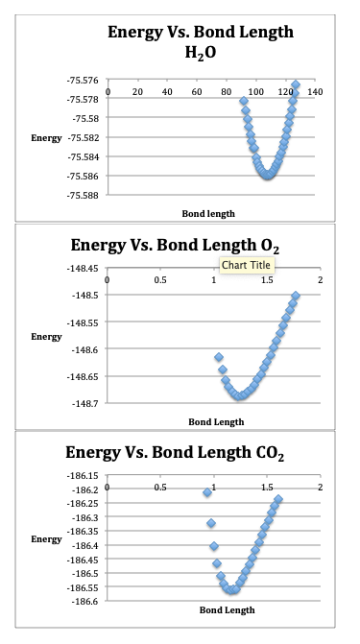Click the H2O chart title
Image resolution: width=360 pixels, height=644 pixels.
pyautogui.click(x=200, y=41)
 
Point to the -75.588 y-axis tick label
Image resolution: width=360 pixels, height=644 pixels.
pyautogui.click(x=82, y=195)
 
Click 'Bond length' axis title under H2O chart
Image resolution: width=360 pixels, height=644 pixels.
pyautogui.click(x=208, y=212)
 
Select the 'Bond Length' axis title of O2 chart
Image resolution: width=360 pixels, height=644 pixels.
pyautogui.click(x=216, y=421)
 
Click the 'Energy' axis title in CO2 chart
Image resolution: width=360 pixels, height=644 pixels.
pyautogui.click(x=47, y=539)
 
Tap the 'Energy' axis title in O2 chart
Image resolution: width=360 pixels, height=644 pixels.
pyautogui.click(x=47, y=337)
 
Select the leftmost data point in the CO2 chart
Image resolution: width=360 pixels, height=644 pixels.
pyautogui.click(x=206, y=492)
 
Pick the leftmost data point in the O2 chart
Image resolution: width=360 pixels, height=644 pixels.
pyautogui.click(x=219, y=357)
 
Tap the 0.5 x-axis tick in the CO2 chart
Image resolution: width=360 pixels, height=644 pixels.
pyautogui.click(x=160, y=488)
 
